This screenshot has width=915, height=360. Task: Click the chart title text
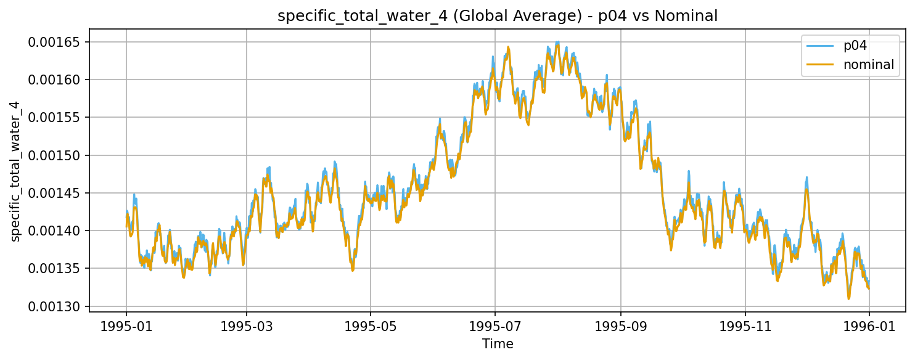click(498, 16)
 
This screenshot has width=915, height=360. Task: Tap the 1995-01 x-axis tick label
click(126, 324)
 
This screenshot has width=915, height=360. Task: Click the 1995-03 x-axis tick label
click(247, 324)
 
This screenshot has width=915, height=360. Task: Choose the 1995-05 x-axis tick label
click(371, 324)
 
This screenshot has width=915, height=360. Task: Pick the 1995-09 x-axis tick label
click(621, 324)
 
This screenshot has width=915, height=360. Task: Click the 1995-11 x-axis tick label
click(745, 324)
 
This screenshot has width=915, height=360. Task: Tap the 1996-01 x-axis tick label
click(869, 324)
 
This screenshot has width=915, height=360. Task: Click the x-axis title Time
click(498, 343)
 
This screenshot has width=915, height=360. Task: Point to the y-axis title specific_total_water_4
click(15, 171)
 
